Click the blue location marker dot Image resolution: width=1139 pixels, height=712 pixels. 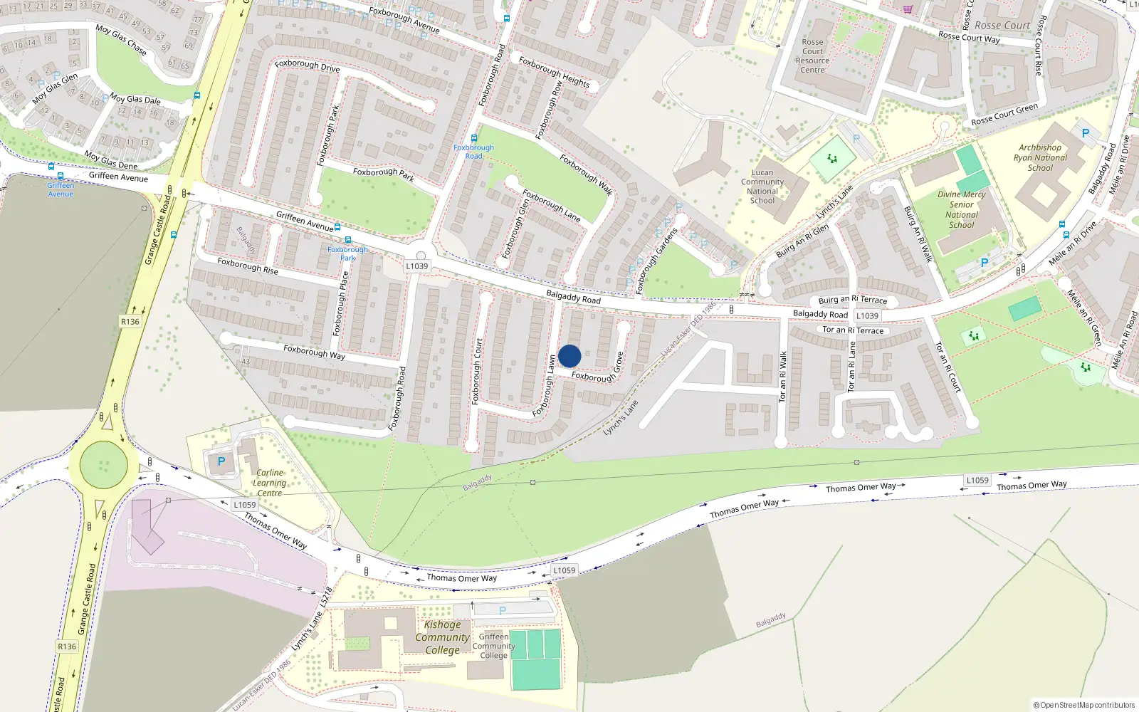coord(569,356)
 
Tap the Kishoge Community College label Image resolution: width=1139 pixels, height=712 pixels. coord(442,637)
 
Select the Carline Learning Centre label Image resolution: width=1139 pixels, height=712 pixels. coord(270,483)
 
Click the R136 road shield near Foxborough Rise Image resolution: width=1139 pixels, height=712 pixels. coord(130,322)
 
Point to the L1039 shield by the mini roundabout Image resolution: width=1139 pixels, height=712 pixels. coord(417,266)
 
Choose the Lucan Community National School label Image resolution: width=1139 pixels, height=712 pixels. coord(762,187)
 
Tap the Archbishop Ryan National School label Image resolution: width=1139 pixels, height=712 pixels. coord(1040,158)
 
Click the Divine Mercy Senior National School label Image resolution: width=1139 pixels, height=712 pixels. coord(962,209)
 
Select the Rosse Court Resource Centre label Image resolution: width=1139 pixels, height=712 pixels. coord(812,56)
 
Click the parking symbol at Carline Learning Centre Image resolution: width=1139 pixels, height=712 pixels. coord(221,462)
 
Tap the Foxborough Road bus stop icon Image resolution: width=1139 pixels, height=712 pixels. coord(474,139)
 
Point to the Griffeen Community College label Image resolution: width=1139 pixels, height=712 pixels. coord(493,646)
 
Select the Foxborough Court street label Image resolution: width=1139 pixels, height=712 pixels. coord(478,372)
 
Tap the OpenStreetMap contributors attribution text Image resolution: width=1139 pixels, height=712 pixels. coord(1084,705)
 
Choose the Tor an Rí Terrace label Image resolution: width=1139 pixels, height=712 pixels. coord(853,330)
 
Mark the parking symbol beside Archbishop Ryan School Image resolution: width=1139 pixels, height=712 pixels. coord(1085,133)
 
